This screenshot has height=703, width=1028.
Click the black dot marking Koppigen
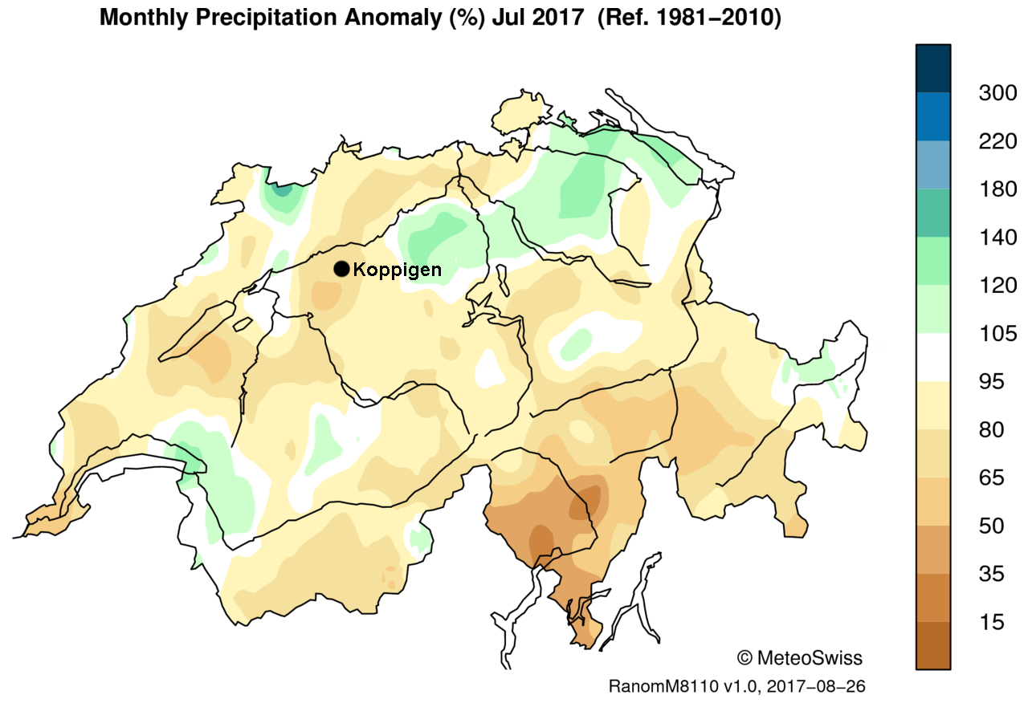pyautogui.click(x=342, y=269)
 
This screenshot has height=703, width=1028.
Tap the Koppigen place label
pyautogui.click(x=398, y=270)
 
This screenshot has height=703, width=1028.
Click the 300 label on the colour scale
pyautogui.click(x=997, y=93)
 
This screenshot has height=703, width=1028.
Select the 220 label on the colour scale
pyautogui.click(x=997, y=141)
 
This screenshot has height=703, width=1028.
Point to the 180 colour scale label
pyautogui.click(x=997, y=189)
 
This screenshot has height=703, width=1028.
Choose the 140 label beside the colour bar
pyautogui.click(x=997, y=238)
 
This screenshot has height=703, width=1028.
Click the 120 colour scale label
pyautogui.click(x=997, y=286)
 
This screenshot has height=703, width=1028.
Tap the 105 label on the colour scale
pyautogui.click(x=997, y=334)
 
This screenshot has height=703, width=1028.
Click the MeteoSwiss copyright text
pyautogui.click(x=799, y=659)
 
